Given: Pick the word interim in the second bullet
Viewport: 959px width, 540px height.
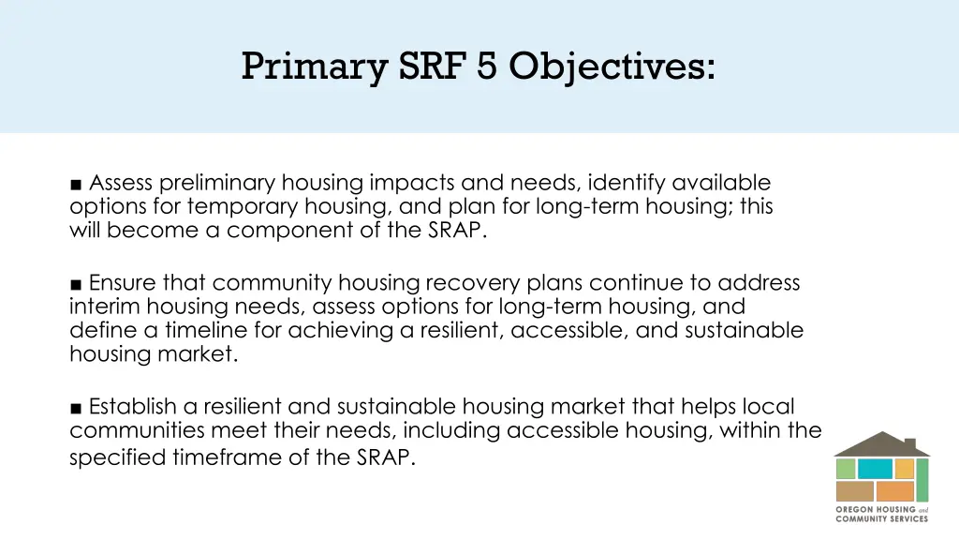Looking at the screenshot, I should (103, 307).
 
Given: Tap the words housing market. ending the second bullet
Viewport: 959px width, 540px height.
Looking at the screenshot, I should (154, 355).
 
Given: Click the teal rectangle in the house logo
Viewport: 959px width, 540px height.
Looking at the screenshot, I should (875, 469).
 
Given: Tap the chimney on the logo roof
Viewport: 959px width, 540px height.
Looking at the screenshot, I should (913, 440).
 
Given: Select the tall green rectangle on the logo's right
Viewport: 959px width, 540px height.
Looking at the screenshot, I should (922, 479).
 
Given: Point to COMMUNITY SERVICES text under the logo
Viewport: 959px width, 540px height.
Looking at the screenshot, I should (881, 518).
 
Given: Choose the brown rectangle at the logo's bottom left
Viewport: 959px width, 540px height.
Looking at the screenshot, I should (853, 490).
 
